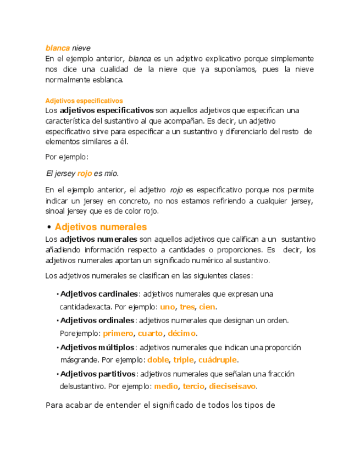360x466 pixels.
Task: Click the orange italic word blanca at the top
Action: coord(57,48)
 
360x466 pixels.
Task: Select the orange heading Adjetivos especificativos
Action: coord(84,101)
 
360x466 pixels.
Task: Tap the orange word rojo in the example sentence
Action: coord(84,174)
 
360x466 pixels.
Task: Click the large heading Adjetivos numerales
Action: coord(101,226)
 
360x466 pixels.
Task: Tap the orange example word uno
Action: coord(167,307)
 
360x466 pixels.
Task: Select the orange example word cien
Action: coord(207,307)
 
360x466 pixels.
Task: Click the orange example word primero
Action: coord(118,334)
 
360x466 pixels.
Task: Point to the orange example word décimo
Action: coord(182,334)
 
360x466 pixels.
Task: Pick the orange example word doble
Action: coord(158,360)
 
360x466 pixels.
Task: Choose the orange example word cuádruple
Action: coord(218,360)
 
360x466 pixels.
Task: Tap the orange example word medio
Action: coord(166,386)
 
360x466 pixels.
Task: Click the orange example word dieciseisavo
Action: coord(232,386)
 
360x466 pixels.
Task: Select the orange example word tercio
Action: coord(193,386)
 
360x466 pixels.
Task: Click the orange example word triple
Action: coord(184,360)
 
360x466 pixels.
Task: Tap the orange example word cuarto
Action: coord(150,334)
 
